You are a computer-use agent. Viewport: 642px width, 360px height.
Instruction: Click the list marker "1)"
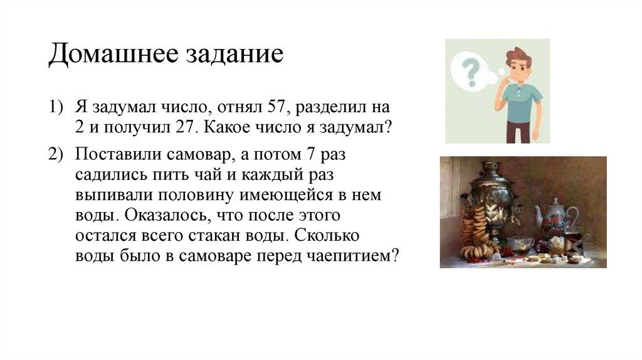57,106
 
